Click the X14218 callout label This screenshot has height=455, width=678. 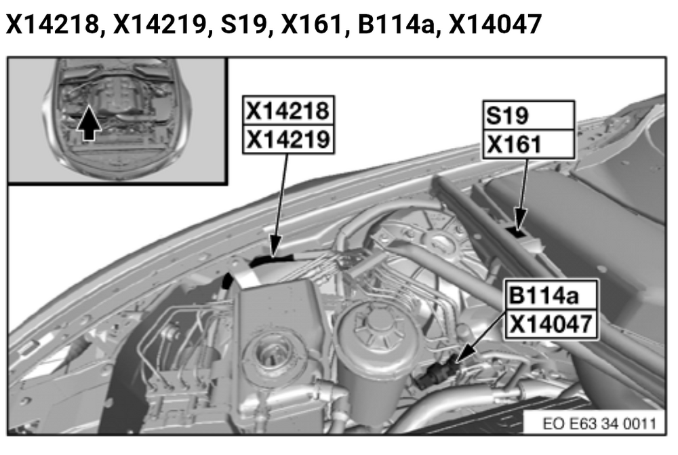(288, 111)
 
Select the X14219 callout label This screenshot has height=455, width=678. (288, 139)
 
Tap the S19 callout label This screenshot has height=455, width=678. (528, 115)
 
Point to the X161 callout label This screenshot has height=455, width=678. (528, 144)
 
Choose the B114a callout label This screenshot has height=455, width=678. (551, 295)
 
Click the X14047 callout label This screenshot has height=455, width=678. (551, 324)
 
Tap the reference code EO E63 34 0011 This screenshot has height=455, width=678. (599, 423)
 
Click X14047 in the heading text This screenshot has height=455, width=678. (495, 24)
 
